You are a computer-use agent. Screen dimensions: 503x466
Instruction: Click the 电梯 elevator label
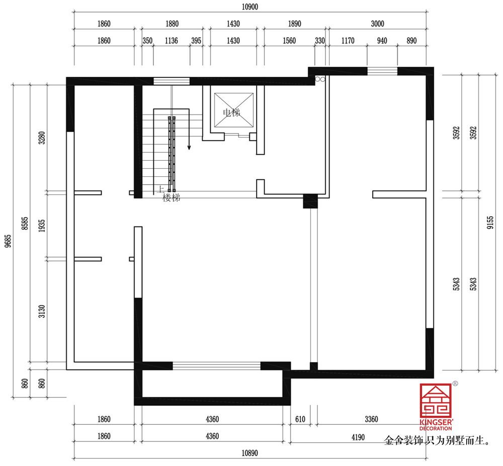pyautogui.click(x=231, y=112)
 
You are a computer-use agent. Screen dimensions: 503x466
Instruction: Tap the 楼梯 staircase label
pyautogui.click(x=172, y=198)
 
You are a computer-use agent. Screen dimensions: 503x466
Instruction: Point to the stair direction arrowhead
pyautogui.click(x=189, y=147)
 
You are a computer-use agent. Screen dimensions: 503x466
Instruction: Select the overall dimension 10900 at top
pyautogui.click(x=250, y=7)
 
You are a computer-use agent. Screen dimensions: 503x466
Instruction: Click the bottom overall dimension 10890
pyautogui.click(x=249, y=453)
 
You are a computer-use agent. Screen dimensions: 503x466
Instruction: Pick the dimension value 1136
pyautogui.click(x=172, y=41)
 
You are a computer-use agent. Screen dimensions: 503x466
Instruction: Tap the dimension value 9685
pyautogui.click(x=8, y=241)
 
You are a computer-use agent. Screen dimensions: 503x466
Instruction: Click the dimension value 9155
pyautogui.click(x=490, y=222)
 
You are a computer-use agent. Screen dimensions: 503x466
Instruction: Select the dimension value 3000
pyautogui.click(x=378, y=24)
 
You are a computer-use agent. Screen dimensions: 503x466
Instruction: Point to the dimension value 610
pyautogui.click(x=300, y=419)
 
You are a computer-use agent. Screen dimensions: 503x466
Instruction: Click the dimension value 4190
pyautogui.click(x=358, y=437)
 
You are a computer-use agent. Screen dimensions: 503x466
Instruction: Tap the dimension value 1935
pyautogui.click(x=42, y=226)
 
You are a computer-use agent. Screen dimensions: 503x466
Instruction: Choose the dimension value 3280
pyautogui.click(x=42, y=138)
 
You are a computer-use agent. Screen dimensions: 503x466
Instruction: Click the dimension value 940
pyautogui.click(x=382, y=41)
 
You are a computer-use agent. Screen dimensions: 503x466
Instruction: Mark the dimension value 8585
pyautogui.click(x=25, y=223)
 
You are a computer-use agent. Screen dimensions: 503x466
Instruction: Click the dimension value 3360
pyautogui.click(x=372, y=419)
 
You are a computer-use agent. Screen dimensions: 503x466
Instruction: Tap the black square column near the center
pyautogui.click(x=310, y=201)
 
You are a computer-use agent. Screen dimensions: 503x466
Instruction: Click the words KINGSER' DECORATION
pyautogui.click(x=436, y=425)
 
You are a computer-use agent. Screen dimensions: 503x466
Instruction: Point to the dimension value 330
pyautogui.click(x=320, y=41)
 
